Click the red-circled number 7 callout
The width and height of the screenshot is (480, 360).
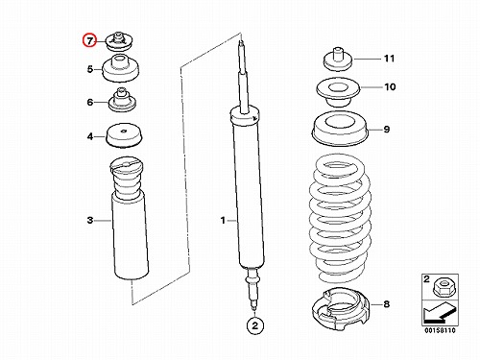pos(89,40)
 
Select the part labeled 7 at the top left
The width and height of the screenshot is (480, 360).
pos(118,42)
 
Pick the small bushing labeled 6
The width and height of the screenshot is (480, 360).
pos(123,100)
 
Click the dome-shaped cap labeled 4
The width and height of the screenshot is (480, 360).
pos(125,135)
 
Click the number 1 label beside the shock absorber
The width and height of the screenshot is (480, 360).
pos(223,220)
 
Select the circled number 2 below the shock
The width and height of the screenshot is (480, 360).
pos(254,325)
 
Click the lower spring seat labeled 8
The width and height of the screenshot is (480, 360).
pos(341,308)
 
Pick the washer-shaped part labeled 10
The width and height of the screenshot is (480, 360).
pos(338,92)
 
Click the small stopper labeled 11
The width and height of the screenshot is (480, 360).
pos(338,60)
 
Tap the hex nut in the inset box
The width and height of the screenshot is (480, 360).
pos(441,287)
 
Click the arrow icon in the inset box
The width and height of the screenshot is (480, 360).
pos(439,313)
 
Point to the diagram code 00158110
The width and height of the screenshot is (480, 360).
pos(440,330)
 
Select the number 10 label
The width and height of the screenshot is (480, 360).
pos(390,86)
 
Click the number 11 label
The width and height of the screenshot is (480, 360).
pos(389,59)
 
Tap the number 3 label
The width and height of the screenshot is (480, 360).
pos(90,220)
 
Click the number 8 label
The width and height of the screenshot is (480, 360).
pos(387,303)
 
